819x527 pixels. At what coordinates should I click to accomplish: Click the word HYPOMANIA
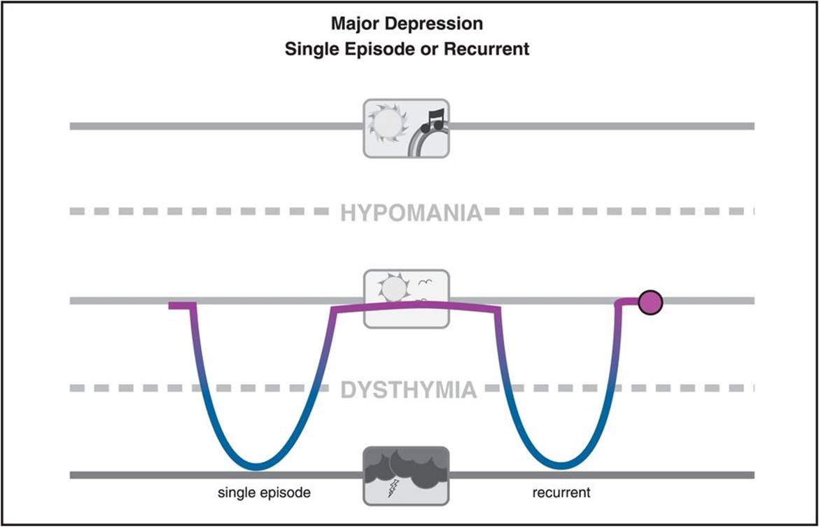coord(411,212)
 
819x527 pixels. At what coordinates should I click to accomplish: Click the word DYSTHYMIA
coord(409,389)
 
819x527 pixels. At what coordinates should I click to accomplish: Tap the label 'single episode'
coord(264,493)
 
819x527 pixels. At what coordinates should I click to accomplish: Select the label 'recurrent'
coord(561,493)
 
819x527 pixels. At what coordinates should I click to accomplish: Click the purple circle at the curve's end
coord(650,302)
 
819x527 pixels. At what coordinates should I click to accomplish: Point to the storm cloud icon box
coord(406,476)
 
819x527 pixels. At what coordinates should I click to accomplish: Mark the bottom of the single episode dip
coord(257,466)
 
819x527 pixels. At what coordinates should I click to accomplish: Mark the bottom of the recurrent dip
coord(559,465)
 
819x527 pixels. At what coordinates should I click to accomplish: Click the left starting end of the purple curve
coord(172,306)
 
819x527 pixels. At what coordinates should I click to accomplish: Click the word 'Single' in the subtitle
coord(309,50)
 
